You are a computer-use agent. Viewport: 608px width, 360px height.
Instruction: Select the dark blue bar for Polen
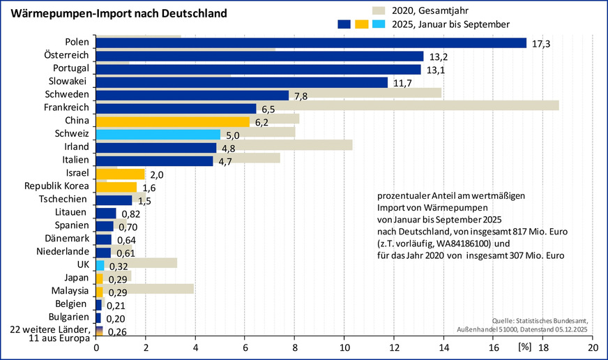[x=310, y=43]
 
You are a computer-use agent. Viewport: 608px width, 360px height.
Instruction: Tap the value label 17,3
[x=541, y=44]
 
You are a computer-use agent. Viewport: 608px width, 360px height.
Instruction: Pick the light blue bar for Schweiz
[x=158, y=134]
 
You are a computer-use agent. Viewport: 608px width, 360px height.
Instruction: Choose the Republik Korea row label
[x=56, y=186]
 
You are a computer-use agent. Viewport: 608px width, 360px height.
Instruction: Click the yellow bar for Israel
[x=120, y=173]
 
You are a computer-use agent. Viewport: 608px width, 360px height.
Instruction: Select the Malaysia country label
[x=70, y=290]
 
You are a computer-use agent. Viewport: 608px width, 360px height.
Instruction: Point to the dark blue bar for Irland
[x=156, y=147]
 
